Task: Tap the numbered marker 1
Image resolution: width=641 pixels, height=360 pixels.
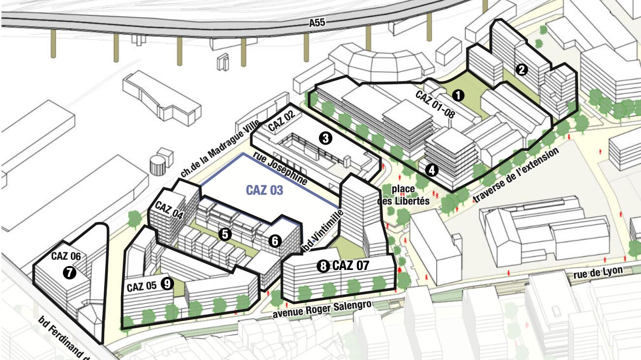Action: pos(458,95)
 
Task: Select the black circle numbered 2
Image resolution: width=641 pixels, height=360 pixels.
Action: pos(522,70)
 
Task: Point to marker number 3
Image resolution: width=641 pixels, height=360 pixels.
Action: pos(325,139)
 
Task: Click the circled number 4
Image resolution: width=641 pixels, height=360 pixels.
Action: pos(432,170)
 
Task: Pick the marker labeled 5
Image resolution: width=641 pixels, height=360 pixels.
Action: pos(225,234)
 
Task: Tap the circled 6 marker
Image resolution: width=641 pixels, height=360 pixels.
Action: pos(275,241)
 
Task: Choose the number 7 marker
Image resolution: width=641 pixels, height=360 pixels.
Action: pos(69,273)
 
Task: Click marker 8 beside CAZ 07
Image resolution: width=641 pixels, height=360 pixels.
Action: pos(323,267)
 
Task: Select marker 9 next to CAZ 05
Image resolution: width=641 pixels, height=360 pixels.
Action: pos(167,284)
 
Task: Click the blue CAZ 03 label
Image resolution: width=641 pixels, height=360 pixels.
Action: pos(264,190)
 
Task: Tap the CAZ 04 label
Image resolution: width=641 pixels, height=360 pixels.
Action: pos(169,210)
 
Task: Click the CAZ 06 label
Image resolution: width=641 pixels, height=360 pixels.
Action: pos(66,256)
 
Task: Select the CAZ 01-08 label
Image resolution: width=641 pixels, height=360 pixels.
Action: pos(435,104)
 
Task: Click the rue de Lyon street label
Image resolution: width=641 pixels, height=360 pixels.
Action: pos(598,272)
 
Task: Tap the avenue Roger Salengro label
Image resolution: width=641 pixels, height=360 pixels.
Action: pos(322,310)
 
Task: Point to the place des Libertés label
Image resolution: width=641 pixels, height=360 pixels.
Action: pos(404,195)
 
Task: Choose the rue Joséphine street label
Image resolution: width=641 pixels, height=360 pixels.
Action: pos(280,168)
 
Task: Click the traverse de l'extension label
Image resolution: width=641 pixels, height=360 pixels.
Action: pos(516,175)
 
